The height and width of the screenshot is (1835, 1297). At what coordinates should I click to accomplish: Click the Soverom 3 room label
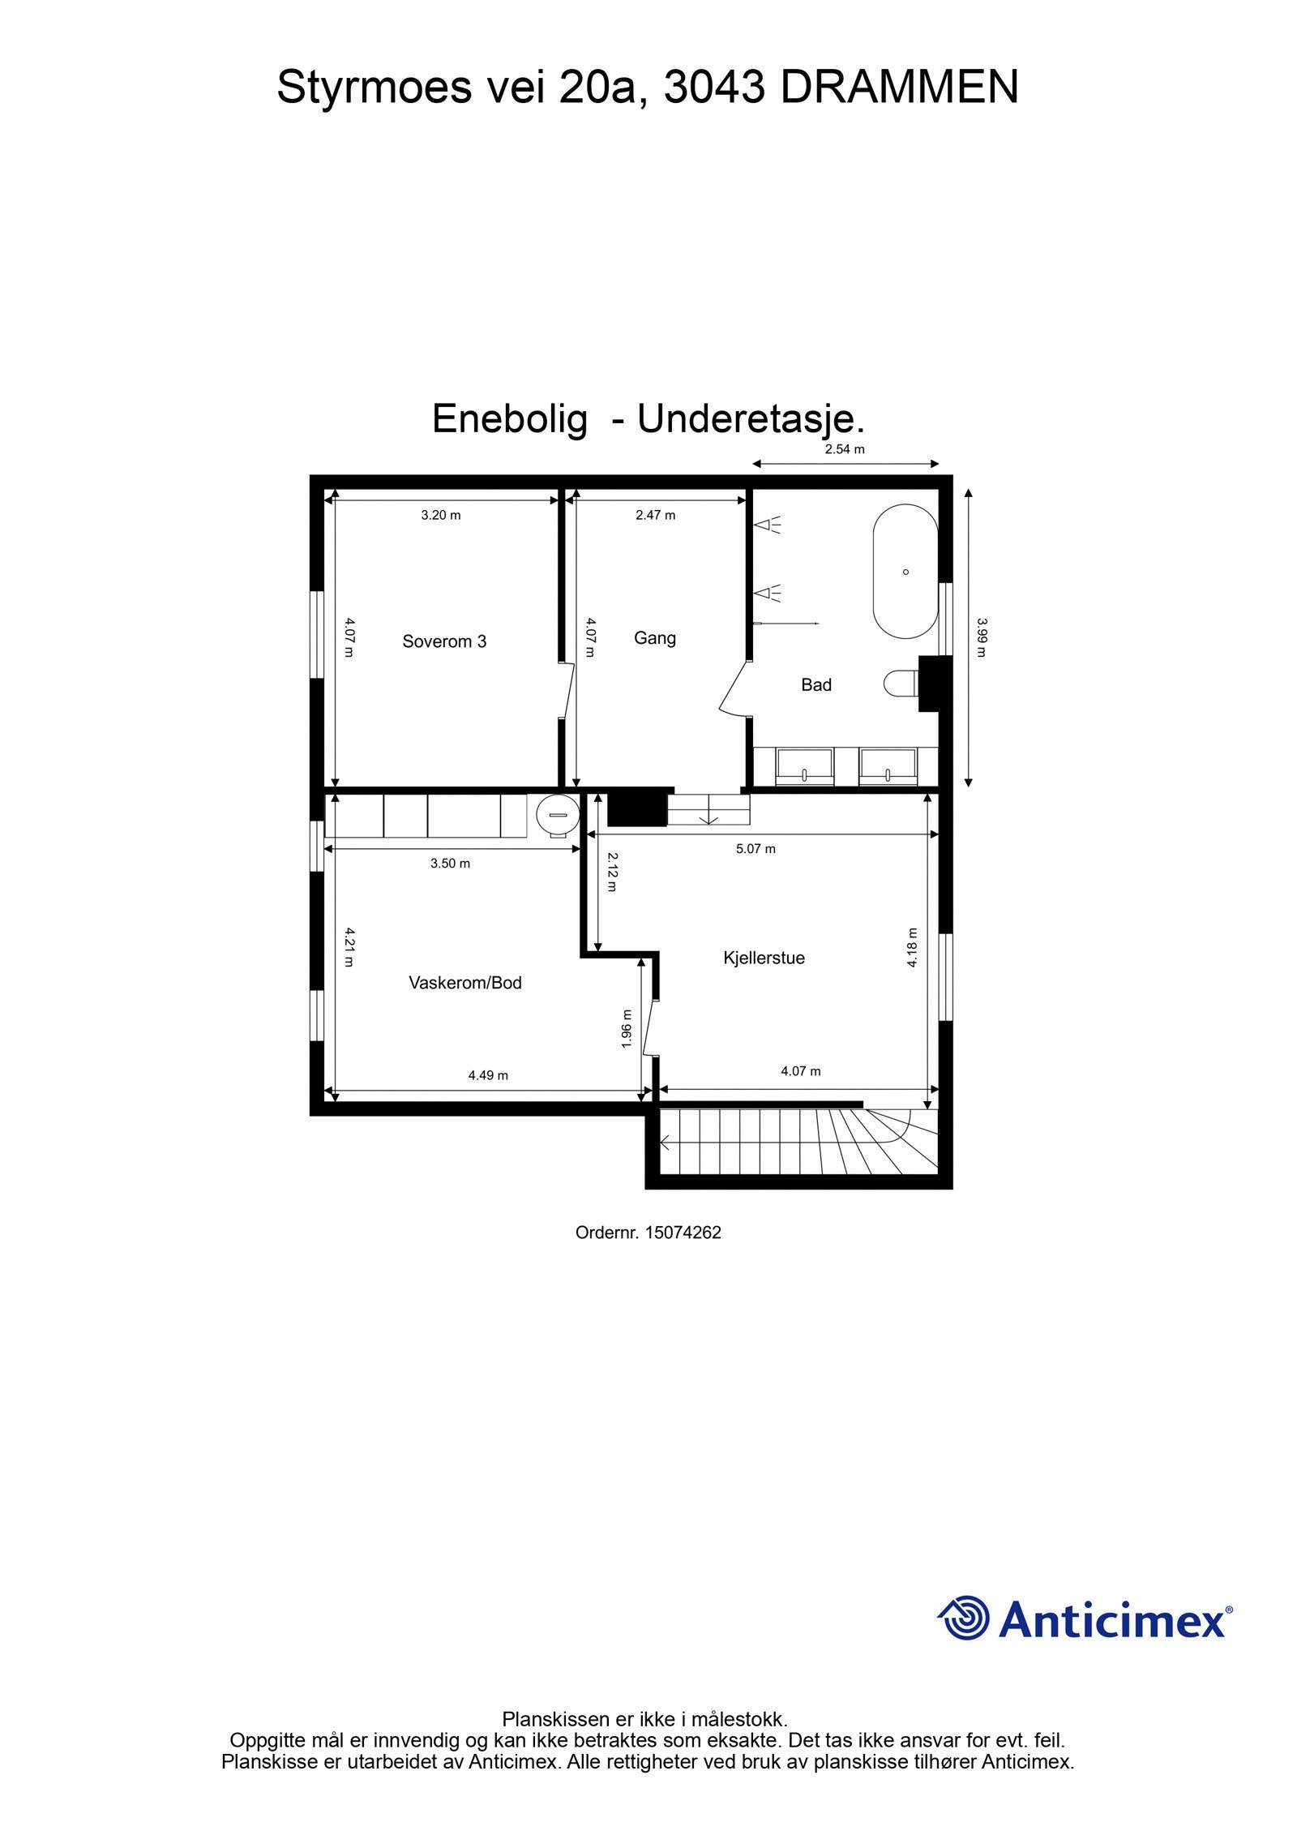tap(444, 641)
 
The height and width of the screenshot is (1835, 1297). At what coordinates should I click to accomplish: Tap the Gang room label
tap(654, 638)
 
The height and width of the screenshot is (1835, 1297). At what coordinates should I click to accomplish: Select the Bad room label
tap(815, 684)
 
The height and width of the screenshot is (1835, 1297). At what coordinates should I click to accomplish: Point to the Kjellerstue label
tap(764, 958)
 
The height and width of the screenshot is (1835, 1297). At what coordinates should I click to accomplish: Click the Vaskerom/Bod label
tap(464, 983)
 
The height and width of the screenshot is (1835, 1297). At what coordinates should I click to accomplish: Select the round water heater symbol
tap(557, 813)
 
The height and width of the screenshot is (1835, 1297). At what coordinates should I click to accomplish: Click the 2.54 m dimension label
tap(845, 449)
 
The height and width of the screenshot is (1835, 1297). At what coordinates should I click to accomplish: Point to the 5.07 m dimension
tap(755, 849)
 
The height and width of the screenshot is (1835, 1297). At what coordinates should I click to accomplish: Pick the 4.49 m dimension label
tap(488, 1075)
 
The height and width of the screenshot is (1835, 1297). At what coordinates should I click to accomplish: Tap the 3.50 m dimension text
tap(450, 864)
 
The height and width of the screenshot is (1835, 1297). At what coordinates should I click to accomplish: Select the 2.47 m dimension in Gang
tap(655, 515)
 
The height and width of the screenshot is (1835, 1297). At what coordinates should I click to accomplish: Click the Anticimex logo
tap(1085, 1620)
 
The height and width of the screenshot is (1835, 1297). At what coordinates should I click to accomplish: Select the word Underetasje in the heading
tap(750, 419)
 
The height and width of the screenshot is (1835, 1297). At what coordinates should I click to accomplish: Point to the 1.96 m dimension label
tap(626, 1028)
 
